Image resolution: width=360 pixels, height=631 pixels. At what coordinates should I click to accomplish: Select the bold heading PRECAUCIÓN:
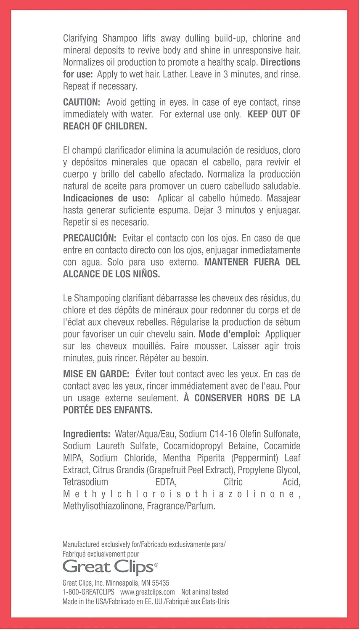(90, 238)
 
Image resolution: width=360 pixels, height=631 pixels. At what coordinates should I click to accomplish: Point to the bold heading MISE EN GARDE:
(96, 374)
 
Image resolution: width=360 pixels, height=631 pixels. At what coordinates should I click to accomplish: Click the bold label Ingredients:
(87, 434)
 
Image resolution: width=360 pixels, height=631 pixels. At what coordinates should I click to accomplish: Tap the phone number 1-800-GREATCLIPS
(88, 592)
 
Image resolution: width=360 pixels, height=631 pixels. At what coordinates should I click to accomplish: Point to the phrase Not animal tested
(205, 592)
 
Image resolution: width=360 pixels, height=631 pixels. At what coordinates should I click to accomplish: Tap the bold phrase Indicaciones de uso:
(106, 198)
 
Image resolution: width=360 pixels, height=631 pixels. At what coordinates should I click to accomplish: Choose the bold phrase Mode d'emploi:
(229, 334)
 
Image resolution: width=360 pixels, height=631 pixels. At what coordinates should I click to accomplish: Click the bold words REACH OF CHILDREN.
(105, 127)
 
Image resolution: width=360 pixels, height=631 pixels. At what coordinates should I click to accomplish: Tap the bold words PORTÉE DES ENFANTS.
(108, 410)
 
